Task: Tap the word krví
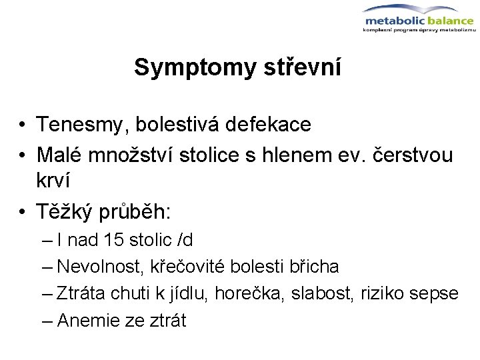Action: [53, 181]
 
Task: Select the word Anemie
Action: [89, 320]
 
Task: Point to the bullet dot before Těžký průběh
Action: [23, 213]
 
